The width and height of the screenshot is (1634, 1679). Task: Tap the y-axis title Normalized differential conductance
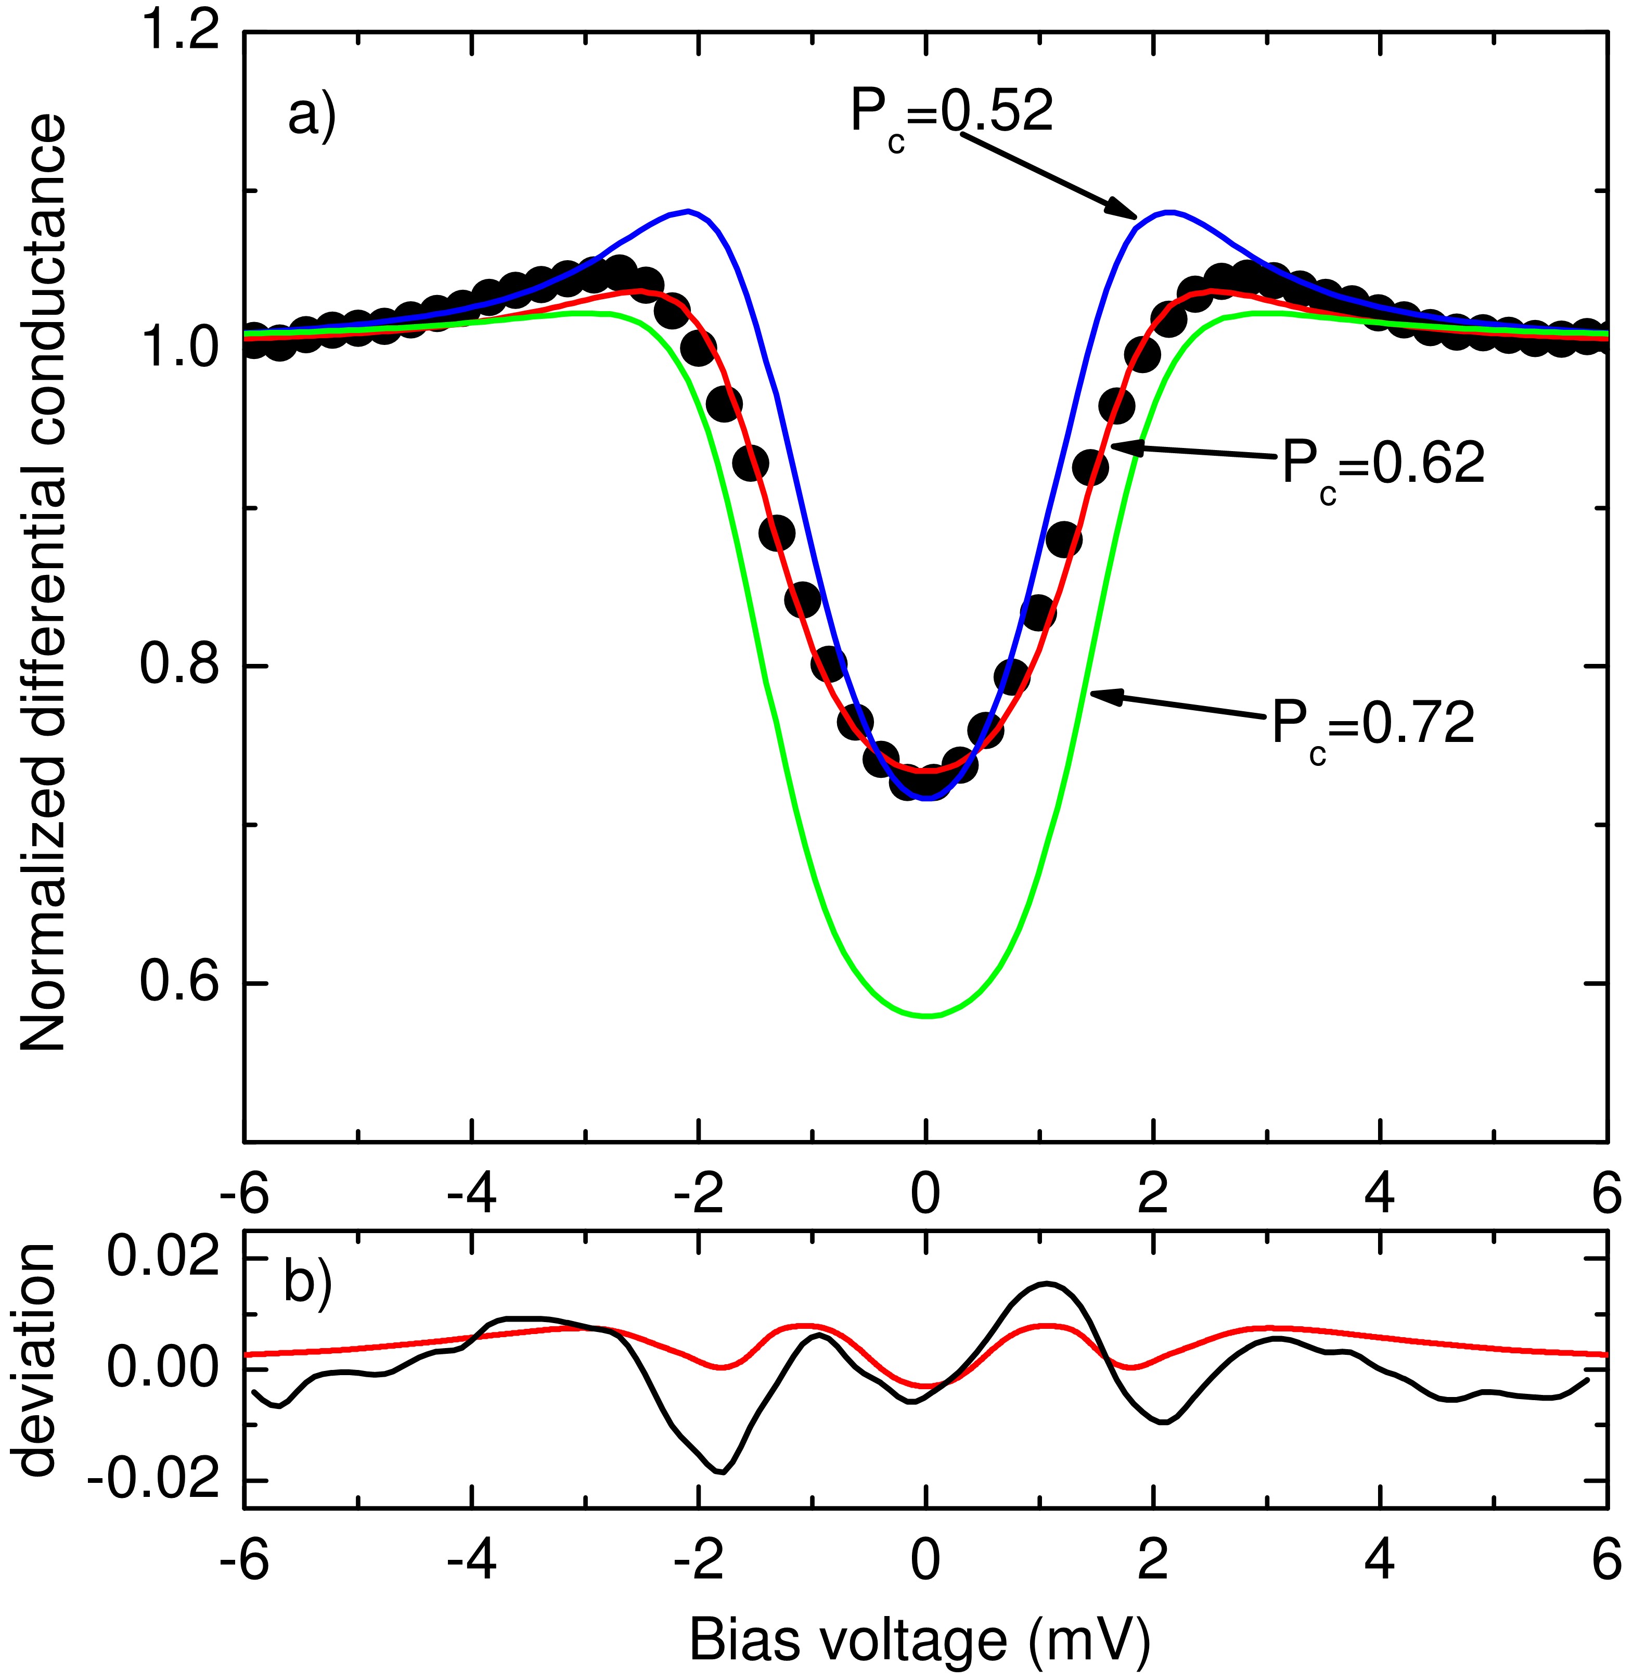(x=43, y=584)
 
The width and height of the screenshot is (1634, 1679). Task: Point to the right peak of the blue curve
(x=1167, y=210)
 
